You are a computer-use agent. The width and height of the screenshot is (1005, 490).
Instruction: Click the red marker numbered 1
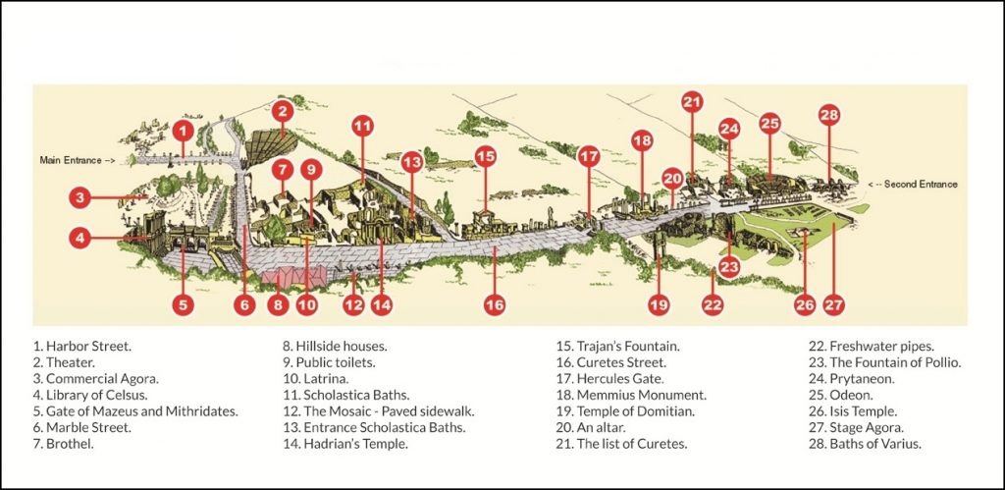(182, 130)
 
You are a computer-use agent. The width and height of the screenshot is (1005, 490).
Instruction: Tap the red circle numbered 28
(829, 115)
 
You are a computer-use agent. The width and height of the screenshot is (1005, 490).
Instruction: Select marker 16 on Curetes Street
(495, 305)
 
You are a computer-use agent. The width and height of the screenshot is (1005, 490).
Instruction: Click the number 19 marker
(659, 305)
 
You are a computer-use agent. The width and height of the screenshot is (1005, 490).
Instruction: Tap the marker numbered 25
(769, 124)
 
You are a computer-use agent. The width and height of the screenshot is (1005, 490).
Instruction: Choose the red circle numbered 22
(713, 305)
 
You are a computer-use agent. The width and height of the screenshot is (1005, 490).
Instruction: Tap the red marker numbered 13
(411, 160)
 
